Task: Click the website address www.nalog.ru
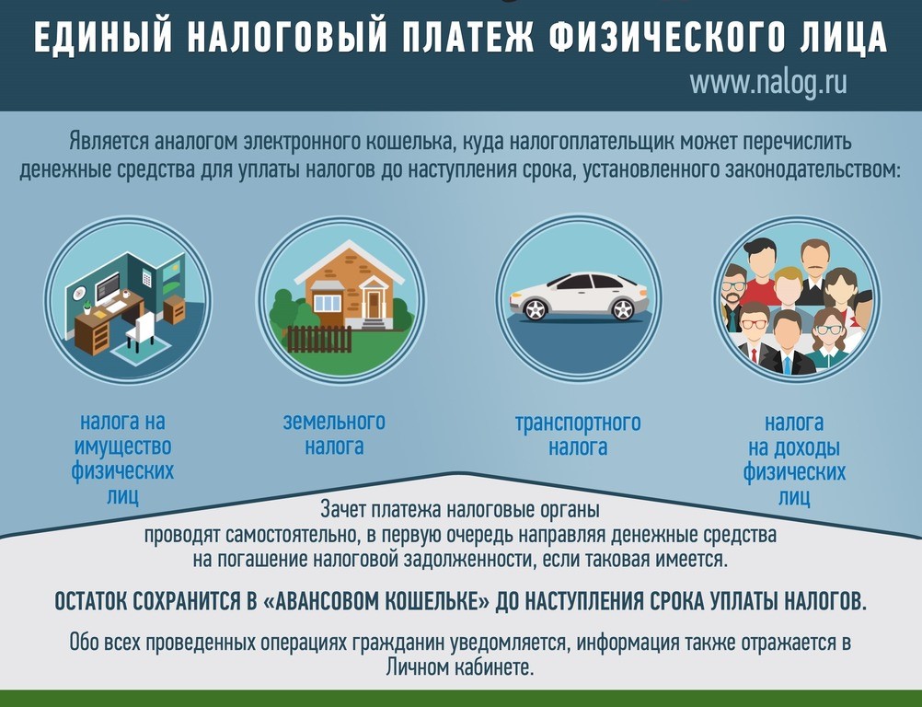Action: [768, 82]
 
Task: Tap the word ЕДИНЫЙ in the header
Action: [103, 37]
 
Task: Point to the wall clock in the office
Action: [78, 292]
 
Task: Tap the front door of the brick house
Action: [374, 304]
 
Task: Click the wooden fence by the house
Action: [319, 340]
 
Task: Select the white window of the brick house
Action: [327, 303]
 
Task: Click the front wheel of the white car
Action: [536, 308]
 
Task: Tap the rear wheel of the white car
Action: [622, 308]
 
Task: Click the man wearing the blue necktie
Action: [788, 343]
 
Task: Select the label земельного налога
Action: [334, 435]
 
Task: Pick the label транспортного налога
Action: [578, 435]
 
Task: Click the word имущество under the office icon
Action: [122, 446]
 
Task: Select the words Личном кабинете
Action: [460, 667]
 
